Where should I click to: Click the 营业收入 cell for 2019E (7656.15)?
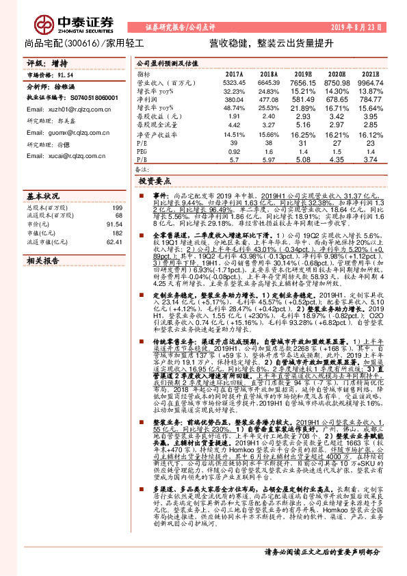(302, 81)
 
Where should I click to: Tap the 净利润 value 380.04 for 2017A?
(233, 99)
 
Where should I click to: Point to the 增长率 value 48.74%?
(233, 108)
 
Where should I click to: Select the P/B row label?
(141, 159)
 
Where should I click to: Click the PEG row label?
(142, 151)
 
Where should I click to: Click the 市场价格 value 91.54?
(65, 73)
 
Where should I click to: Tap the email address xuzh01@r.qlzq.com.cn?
(63, 109)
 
